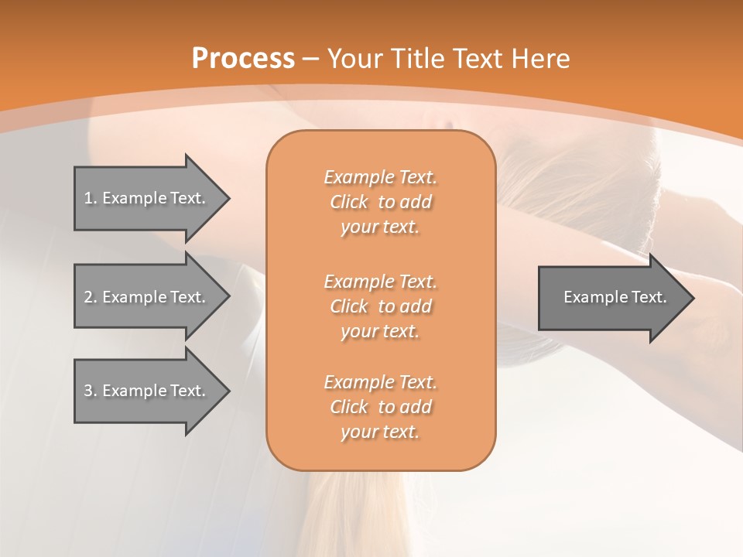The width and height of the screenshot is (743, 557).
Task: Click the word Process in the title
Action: pyautogui.click(x=243, y=59)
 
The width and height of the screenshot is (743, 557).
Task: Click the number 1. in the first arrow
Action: pyautogui.click(x=91, y=198)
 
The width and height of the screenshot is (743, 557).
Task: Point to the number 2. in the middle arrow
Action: pyautogui.click(x=91, y=297)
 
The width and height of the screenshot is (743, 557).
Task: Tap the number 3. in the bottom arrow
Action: pyautogui.click(x=91, y=391)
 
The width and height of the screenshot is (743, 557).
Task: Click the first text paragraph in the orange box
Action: pyautogui.click(x=380, y=202)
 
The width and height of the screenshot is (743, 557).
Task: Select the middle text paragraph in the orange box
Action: pyautogui.click(x=380, y=306)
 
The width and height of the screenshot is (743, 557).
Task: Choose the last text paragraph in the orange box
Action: pyautogui.click(x=380, y=407)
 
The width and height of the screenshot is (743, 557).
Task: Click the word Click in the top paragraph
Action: pyautogui.click(x=349, y=202)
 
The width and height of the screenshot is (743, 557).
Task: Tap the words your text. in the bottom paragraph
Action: pyautogui.click(x=380, y=432)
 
